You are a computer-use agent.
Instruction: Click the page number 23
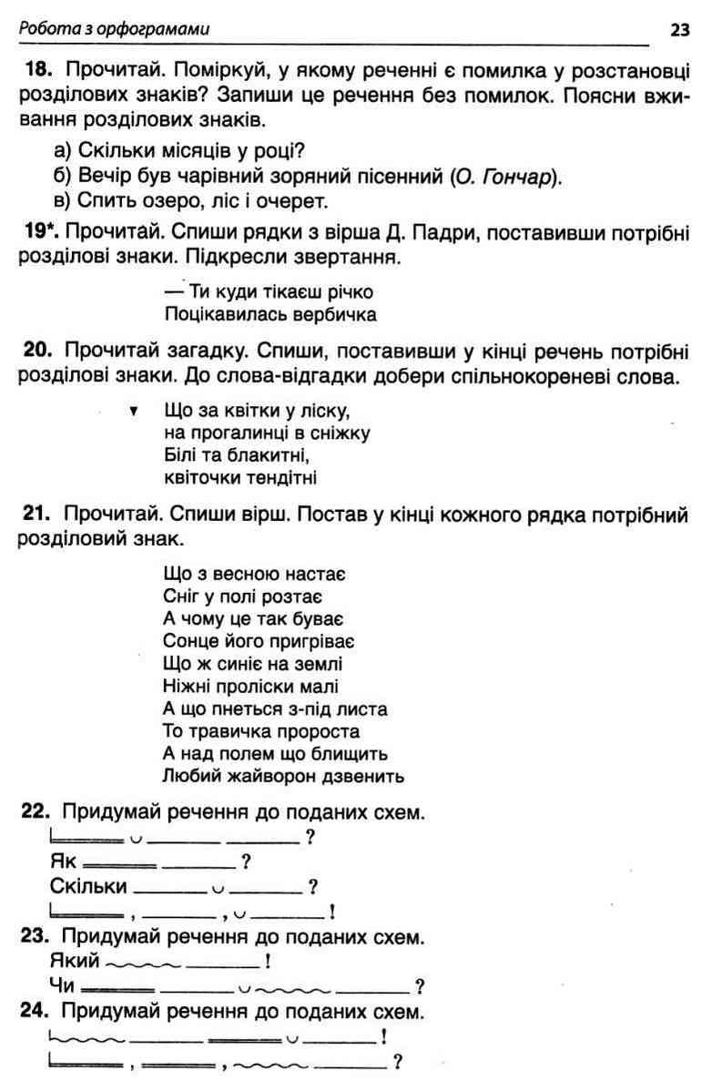[680, 29]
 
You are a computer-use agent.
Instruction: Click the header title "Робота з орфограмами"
[114, 29]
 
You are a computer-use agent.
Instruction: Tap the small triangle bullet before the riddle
[134, 411]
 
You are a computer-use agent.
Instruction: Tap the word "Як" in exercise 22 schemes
[62, 861]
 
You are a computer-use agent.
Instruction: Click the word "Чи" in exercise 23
[63, 984]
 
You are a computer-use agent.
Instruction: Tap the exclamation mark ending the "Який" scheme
[266, 961]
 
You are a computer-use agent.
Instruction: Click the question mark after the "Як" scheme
[246, 861]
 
